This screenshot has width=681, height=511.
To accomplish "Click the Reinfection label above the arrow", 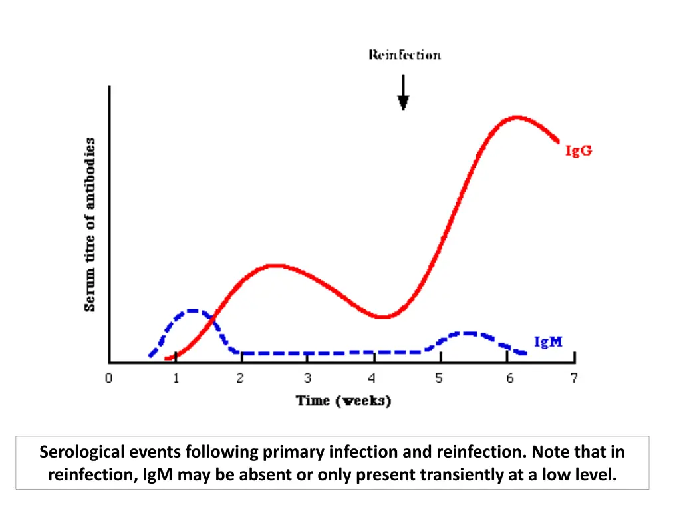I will tap(404, 55).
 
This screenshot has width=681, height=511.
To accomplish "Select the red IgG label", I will tap(578, 151).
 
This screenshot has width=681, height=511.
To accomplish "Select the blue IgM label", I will tap(548, 342).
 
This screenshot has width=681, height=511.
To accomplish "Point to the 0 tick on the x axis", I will tap(108, 379).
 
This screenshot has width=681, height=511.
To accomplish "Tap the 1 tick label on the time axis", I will tap(176, 379).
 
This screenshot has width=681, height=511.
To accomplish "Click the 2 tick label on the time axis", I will tap(241, 379).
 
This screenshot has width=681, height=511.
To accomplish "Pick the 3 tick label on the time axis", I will tap(307, 379).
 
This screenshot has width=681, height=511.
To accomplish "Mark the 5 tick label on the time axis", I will tap(440, 379).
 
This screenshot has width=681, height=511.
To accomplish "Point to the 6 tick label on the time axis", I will tap(509, 379).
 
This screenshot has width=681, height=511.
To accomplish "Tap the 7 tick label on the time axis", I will tap(573, 379).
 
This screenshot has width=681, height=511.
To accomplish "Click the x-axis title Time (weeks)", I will tap(343, 401).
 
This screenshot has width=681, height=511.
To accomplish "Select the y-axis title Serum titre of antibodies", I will tap(90, 224).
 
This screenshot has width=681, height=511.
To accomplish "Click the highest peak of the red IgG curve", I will tap(517, 118).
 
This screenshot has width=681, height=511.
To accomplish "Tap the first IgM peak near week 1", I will tap(192, 311).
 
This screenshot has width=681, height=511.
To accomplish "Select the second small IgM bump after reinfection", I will tap(469, 333).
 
